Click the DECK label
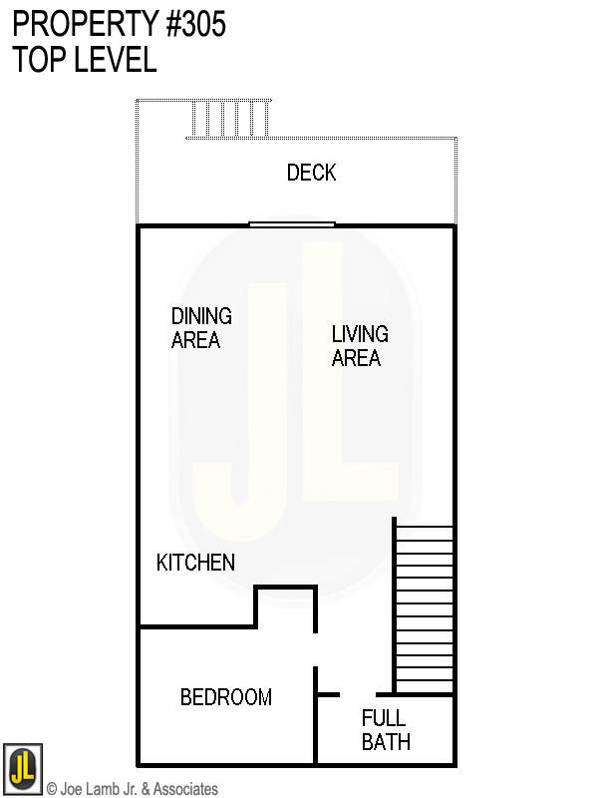tap(311, 173)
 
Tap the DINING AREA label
tap(200, 328)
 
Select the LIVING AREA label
tap(359, 346)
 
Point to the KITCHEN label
tap(196, 563)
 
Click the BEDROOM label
tap(226, 697)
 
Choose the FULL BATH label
tap(385, 730)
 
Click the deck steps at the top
tap(229, 119)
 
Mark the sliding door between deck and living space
tap(292, 224)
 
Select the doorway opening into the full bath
tap(358, 694)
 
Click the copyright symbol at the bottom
tap(52, 789)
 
